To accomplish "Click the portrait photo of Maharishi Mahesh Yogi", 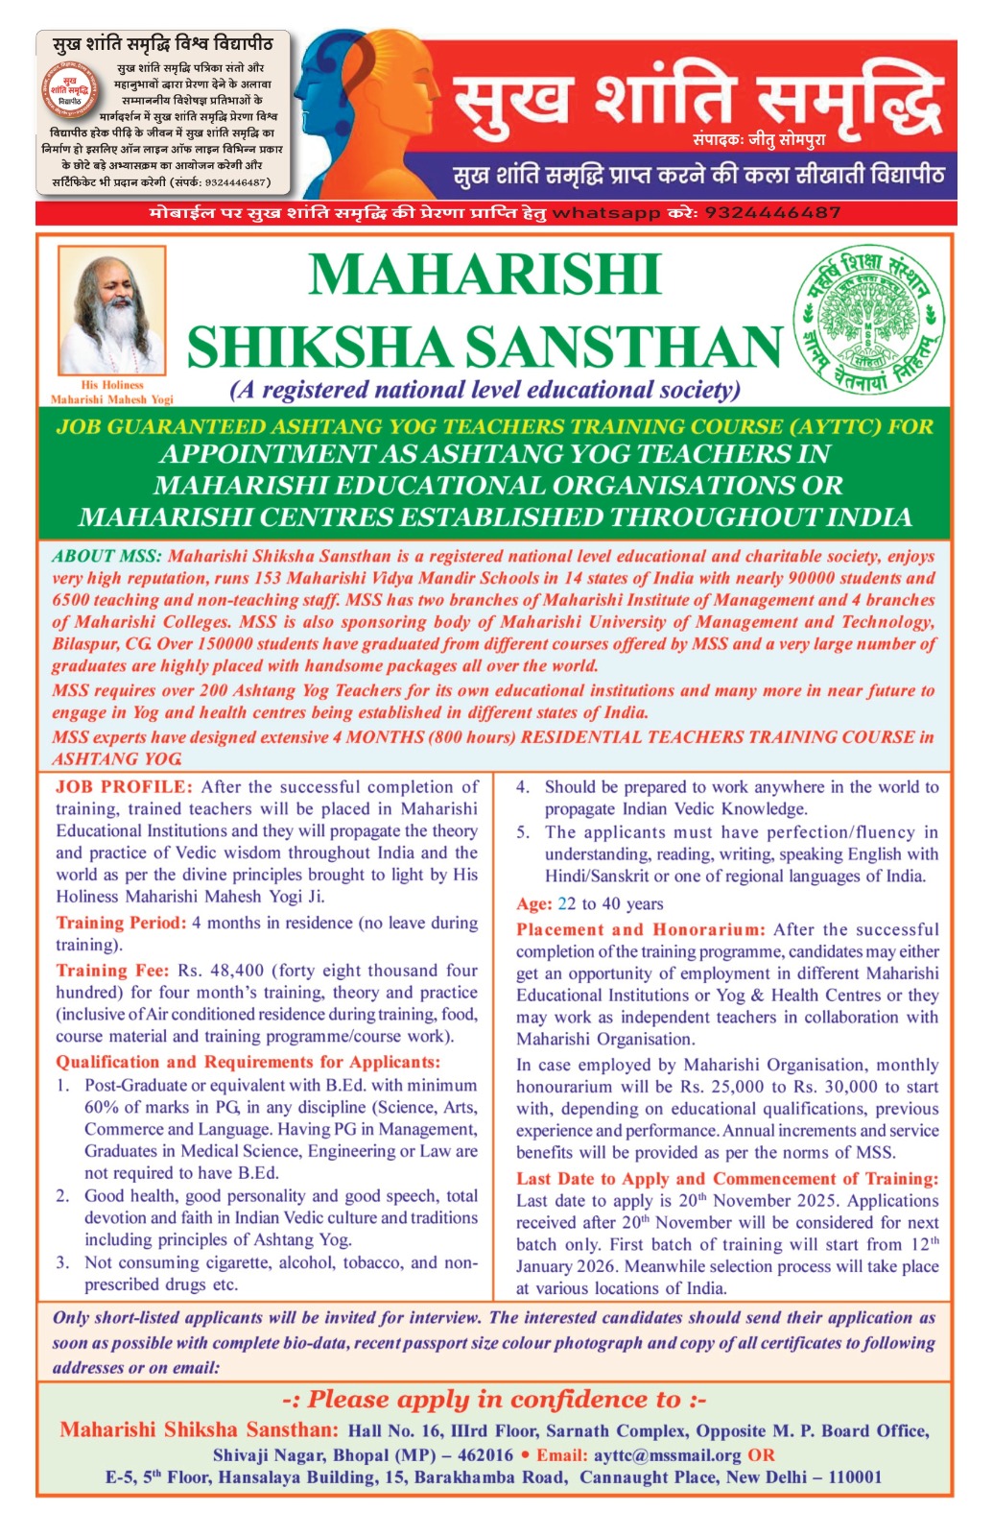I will (111, 309).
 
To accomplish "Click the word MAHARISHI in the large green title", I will (485, 276).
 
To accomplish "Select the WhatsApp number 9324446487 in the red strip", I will (772, 212).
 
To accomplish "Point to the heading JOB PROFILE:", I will (124, 787).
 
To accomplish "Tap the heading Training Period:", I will (121, 923).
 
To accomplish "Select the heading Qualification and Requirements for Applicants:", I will (248, 1062).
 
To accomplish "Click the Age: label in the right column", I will (533, 903).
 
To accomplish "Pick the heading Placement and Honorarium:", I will (640, 929).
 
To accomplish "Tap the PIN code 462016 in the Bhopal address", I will (485, 1455).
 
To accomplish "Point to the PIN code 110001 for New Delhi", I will (855, 1477).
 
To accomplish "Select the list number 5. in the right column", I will (523, 832).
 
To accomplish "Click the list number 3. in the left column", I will (62, 1262).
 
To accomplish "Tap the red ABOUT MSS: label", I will (107, 557).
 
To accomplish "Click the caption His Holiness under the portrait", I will (112, 385).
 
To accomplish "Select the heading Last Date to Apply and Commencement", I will (727, 1179).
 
